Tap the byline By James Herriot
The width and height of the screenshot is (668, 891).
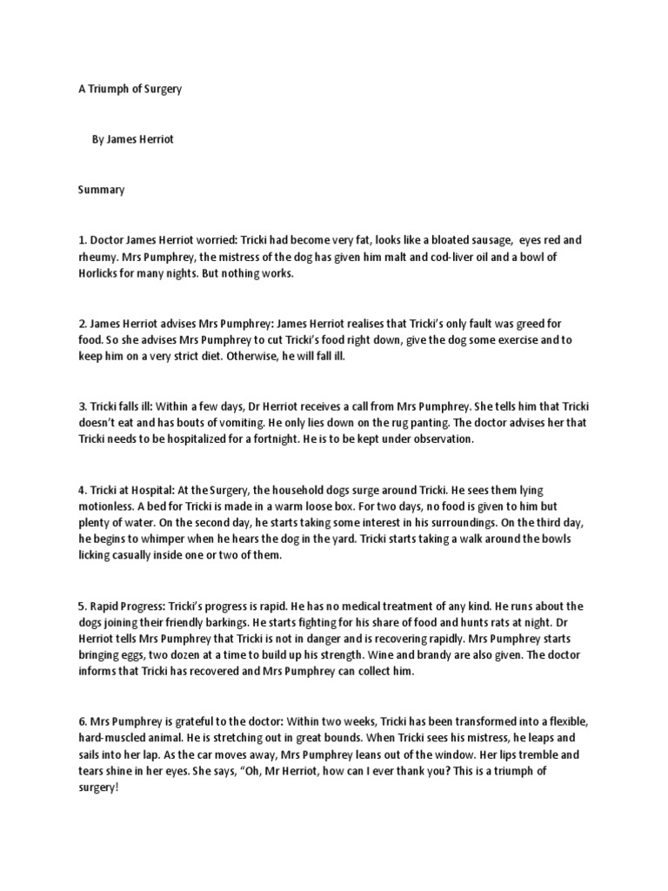(133, 139)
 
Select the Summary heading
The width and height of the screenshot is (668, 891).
(101, 189)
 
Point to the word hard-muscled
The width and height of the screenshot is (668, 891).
(110, 739)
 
